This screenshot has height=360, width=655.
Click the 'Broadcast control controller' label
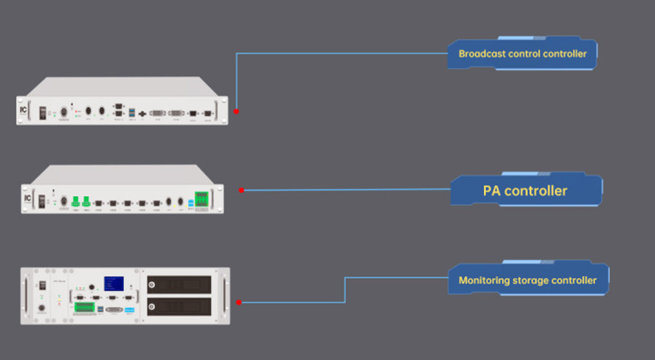point(522,54)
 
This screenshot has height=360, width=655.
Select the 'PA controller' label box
point(525,191)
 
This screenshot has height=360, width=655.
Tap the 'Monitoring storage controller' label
point(527,280)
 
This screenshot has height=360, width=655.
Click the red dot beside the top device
point(236,111)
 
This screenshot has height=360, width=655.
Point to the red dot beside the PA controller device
point(241,190)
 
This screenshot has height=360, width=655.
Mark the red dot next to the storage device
point(239,302)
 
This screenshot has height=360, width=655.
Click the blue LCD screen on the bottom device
point(114,284)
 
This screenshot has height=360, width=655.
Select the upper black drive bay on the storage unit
point(179,284)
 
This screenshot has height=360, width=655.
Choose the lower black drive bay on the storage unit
point(179,307)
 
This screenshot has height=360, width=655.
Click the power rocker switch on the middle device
point(41,201)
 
